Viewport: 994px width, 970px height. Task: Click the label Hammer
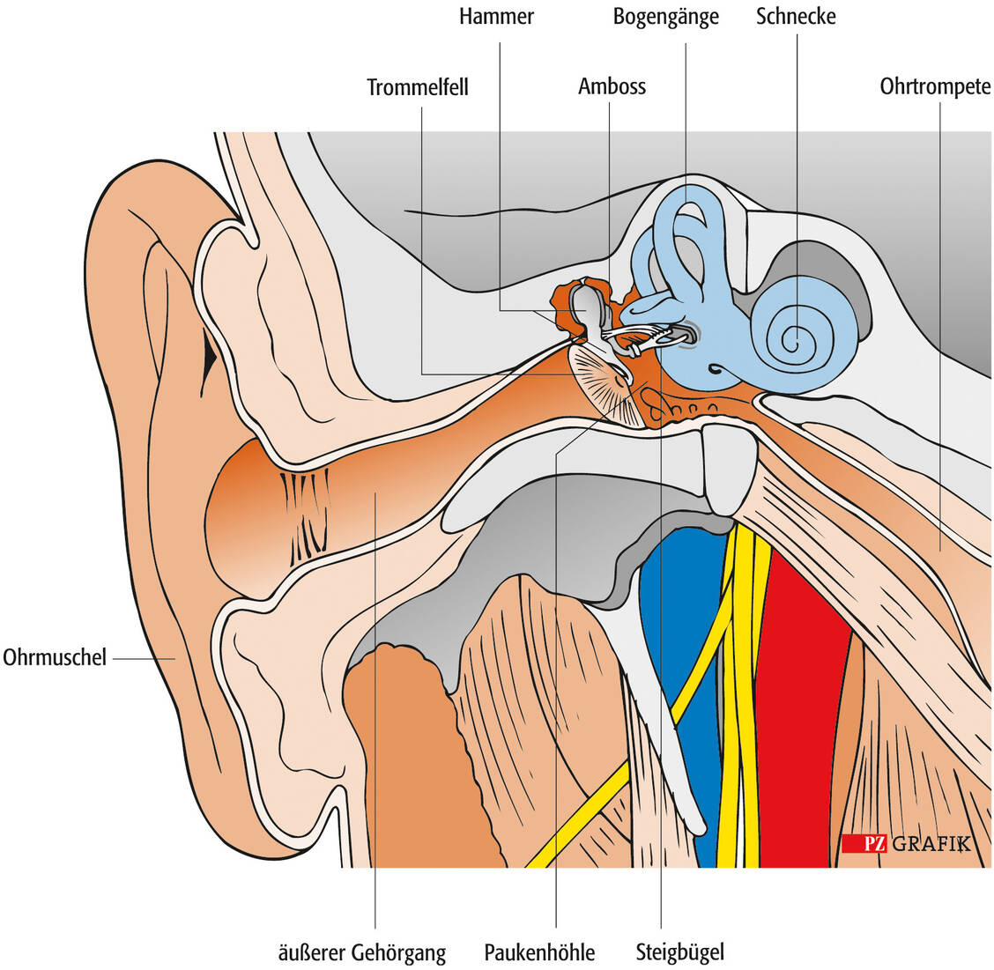496,17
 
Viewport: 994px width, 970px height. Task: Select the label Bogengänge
665,17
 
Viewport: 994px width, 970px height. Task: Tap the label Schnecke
796,17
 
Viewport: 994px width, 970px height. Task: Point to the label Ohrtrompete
935,86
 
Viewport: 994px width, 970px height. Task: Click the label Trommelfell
418,87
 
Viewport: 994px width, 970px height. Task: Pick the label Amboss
612,86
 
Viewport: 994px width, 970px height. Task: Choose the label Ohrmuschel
55,657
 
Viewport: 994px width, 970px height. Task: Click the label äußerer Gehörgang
361,952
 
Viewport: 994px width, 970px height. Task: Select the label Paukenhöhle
539,952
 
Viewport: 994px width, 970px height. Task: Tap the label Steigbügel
679,952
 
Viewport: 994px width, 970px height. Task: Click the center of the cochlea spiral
795,339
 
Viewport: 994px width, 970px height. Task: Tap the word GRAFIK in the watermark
931,843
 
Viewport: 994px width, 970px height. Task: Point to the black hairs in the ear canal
304,511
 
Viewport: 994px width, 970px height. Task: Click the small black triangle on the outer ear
209,357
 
